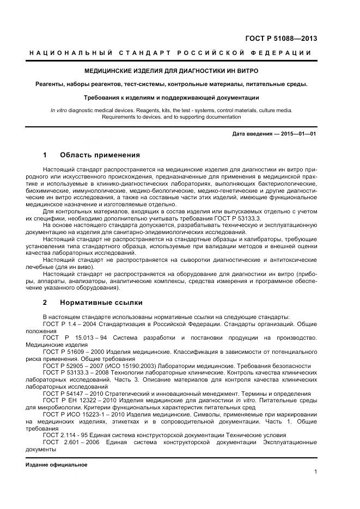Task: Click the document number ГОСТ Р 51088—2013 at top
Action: point(282,39)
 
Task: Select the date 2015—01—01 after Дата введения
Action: point(298,133)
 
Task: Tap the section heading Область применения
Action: point(100,155)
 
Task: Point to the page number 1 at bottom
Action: point(315,472)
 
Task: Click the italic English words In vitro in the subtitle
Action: point(58,110)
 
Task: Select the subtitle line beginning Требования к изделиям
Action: point(171,98)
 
